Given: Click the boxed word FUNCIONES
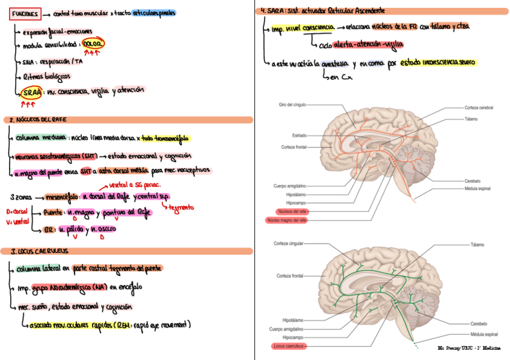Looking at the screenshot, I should click(x=25, y=13).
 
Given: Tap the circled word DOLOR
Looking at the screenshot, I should click(x=95, y=45).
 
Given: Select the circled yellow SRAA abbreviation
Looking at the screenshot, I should click(x=30, y=93).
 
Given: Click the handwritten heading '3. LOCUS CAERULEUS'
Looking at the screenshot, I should click(x=36, y=251).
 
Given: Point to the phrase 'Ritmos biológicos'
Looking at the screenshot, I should click(x=46, y=77).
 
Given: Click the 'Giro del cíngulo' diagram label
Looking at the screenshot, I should click(x=292, y=105).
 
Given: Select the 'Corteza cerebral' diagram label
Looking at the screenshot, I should click(x=479, y=108).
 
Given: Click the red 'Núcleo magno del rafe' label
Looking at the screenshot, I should click(x=287, y=221).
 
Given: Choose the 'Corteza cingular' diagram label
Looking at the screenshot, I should click(x=288, y=243).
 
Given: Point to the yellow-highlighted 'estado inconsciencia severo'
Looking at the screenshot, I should click(x=438, y=63).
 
